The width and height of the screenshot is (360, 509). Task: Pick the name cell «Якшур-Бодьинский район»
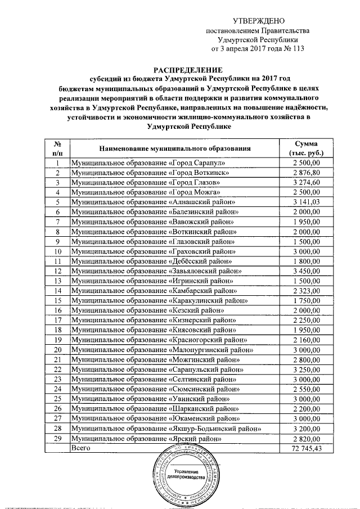(165, 429)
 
